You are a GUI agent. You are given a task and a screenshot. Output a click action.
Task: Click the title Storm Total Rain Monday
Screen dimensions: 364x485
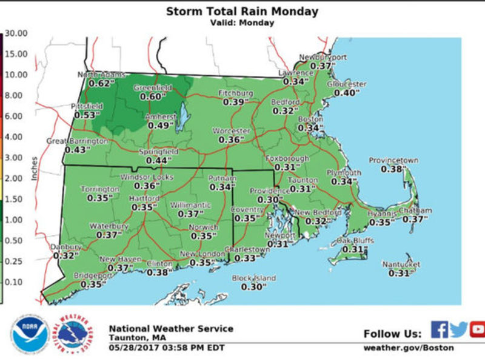pyautogui.click(x=242, y=12)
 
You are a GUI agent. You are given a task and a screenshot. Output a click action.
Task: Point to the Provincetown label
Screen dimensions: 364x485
pyautogui.click(x=393, y=161)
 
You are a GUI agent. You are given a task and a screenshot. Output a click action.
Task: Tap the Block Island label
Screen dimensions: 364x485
pyautogui.click(x=254, y=278)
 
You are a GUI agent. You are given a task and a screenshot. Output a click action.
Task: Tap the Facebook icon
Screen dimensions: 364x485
pyautogui.click(x=440, y=329)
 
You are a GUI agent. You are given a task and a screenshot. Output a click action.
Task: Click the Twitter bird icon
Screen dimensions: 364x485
pyautogui.click(x=460, y=329)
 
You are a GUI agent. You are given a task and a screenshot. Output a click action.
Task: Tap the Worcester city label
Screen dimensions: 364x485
pyautogui.click(x=230, y=131)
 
